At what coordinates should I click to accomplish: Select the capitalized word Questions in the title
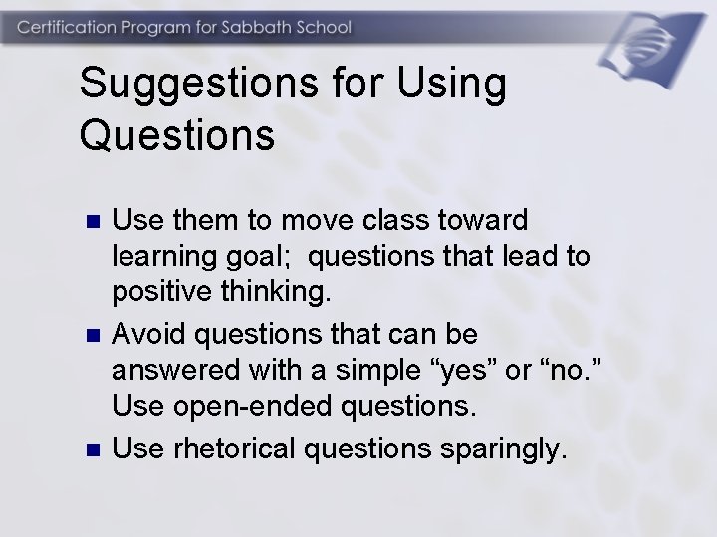(x=176, y=136)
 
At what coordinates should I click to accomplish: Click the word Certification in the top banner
(x=70, y=27)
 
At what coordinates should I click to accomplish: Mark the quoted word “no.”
(x=571, y=370)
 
